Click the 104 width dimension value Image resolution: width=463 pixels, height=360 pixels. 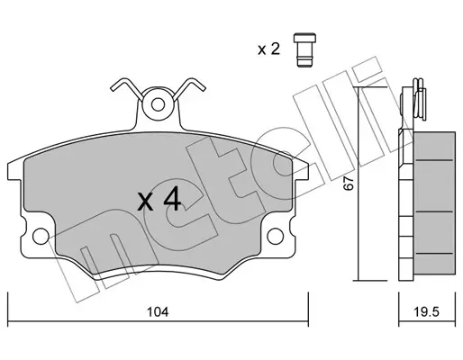point(158,312)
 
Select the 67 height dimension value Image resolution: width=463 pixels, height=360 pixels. point(349,183)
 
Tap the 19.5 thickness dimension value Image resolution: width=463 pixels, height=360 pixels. point(426,312)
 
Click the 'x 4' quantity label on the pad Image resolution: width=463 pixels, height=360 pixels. point(159,198)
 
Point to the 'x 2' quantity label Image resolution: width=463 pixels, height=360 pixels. point(268,49)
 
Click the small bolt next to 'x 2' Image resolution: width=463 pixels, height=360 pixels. point(304,49)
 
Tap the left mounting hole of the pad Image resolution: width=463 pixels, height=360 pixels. point(41,236)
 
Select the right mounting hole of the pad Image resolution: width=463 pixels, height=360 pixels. point(275,236)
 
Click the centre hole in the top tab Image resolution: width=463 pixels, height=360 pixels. point(158,104)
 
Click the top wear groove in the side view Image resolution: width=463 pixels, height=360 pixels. point(433,160)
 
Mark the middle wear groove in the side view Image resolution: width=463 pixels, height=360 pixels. point(433,211)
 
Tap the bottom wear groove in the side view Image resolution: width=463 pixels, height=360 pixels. point(433,254)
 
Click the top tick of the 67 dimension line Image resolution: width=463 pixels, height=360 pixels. point(370,87)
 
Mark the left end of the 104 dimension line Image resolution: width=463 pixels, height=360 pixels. point(8,321)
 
